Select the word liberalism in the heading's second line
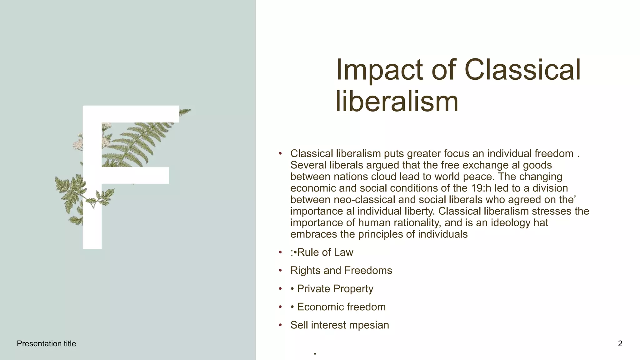point(397,102)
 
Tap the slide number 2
point(620,344)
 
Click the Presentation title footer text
point(46,344)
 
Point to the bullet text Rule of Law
point(325,252)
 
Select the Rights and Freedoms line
point(341,271)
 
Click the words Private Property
point(335,289)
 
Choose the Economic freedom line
point(341,307)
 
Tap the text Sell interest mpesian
point(340,325)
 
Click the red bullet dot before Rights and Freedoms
point(280,271)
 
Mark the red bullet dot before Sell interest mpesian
point(280,325)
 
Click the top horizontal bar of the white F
point(131,114)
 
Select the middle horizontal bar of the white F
point(135,175)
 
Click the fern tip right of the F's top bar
point(186,111)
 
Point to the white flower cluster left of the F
point(77,145)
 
